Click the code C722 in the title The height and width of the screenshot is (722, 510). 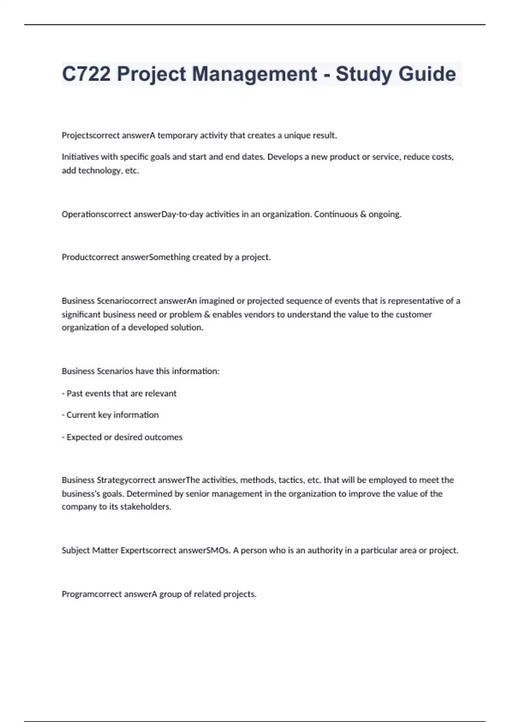[86, 74]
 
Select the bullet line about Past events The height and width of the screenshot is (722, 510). [119, 393]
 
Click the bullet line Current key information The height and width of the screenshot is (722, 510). [110, 415]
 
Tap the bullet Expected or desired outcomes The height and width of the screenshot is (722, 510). [122, 437]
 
